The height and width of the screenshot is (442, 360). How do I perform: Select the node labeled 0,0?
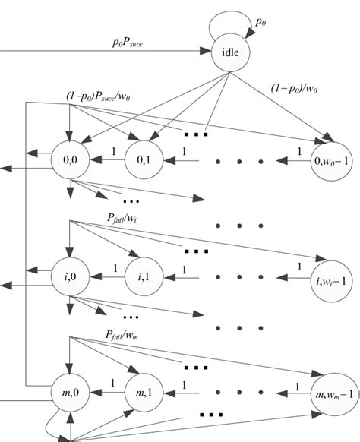(66, 161)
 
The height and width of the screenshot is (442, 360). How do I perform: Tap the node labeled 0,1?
(144, 161)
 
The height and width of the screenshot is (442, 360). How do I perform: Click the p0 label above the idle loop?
(261, 24)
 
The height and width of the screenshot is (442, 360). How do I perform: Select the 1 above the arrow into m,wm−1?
(298, 386)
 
